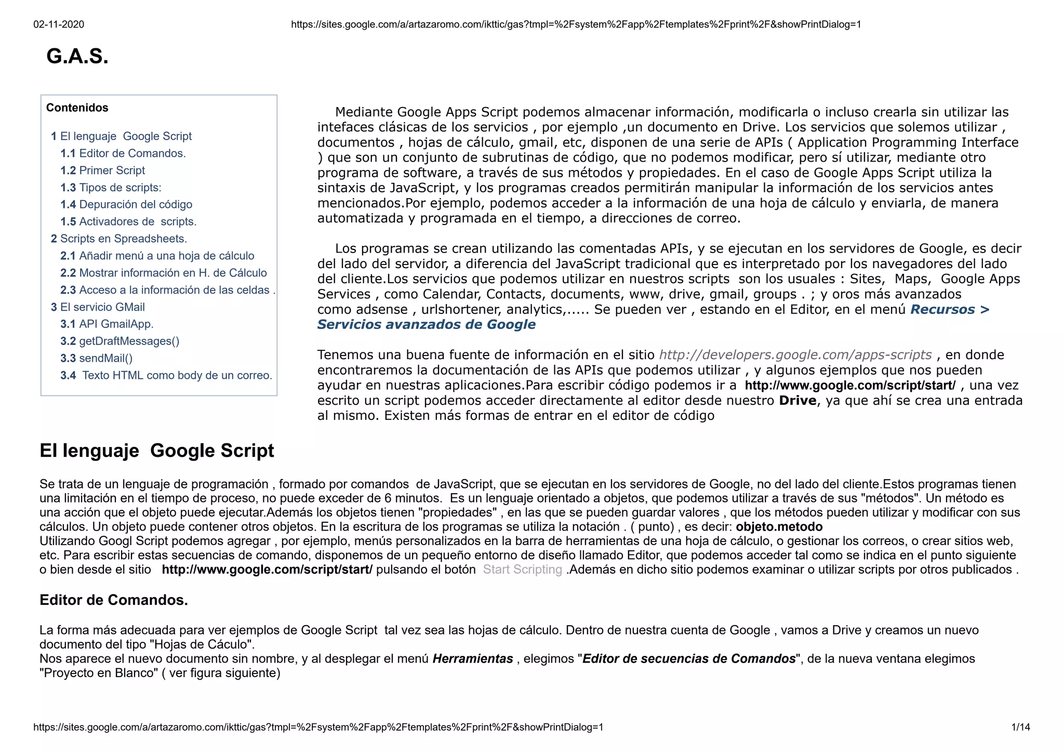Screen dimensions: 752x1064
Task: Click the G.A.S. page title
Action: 77,56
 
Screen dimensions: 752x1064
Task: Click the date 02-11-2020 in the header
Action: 59,24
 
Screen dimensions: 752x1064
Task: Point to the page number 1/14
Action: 1020,727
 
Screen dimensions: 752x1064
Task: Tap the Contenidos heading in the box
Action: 77,108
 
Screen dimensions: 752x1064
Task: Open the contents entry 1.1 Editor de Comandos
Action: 123,153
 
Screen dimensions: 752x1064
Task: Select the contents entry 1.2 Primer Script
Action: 103,170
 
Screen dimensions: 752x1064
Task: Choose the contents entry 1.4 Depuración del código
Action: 126,205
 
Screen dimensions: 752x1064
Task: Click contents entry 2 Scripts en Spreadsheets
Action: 119,239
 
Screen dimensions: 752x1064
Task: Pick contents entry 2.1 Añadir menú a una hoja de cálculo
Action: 157,256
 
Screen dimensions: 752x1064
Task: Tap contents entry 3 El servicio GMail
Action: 98,307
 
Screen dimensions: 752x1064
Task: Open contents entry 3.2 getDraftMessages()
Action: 120,341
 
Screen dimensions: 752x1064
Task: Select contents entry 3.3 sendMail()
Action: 97,358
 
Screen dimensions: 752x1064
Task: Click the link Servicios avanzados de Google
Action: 426,324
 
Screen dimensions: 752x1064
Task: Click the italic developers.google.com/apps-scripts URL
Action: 795,355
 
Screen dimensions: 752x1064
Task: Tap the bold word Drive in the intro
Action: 798,401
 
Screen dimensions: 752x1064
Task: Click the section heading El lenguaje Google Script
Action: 157,451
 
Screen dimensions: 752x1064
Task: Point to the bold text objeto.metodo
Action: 779,527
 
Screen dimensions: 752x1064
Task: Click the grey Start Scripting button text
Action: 522,570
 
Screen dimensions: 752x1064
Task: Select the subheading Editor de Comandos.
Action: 114,600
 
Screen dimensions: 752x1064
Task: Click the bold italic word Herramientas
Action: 473,659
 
